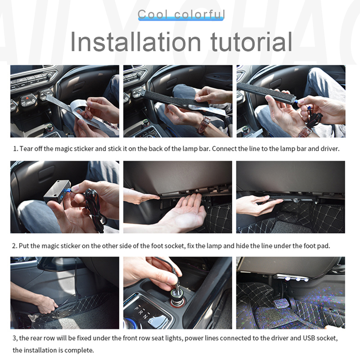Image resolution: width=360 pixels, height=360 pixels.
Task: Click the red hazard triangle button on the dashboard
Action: tap(27, 98)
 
